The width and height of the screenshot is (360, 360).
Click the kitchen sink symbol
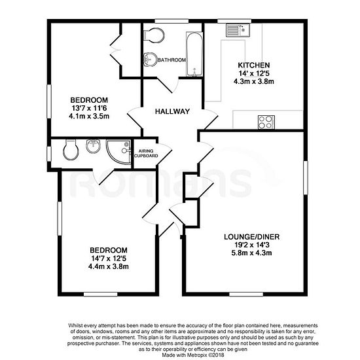[x=238, y=30]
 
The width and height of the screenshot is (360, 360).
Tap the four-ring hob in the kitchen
[x=266, y=122]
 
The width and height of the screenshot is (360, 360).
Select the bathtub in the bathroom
[x=194, y=54]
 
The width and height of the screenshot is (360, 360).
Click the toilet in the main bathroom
[x=154, y=35]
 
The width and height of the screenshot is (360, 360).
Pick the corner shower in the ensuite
[x=118, y=152]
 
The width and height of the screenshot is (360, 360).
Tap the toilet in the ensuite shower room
[x=71, y=149]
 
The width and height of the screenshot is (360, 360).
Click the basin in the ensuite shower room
[x=93, y=146]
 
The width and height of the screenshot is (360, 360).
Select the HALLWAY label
[x=172, y=111]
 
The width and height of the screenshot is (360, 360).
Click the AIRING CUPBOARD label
[x=146, y=153]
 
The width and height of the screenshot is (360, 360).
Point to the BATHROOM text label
[x=171, y=60]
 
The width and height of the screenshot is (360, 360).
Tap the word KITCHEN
[x=254, y=65]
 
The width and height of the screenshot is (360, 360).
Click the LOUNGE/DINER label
[x=251, y=237]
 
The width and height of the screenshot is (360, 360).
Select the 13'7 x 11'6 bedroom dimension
[x=89, y=108]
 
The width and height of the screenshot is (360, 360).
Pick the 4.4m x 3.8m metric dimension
[x=109, y=266]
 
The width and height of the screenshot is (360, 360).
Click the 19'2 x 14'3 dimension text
[x=251, y=245]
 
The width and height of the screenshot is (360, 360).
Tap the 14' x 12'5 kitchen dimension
[x=254, y=73]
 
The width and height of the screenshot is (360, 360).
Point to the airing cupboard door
[x=164, y=154]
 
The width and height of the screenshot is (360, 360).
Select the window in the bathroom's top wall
[x=171, y=21]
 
